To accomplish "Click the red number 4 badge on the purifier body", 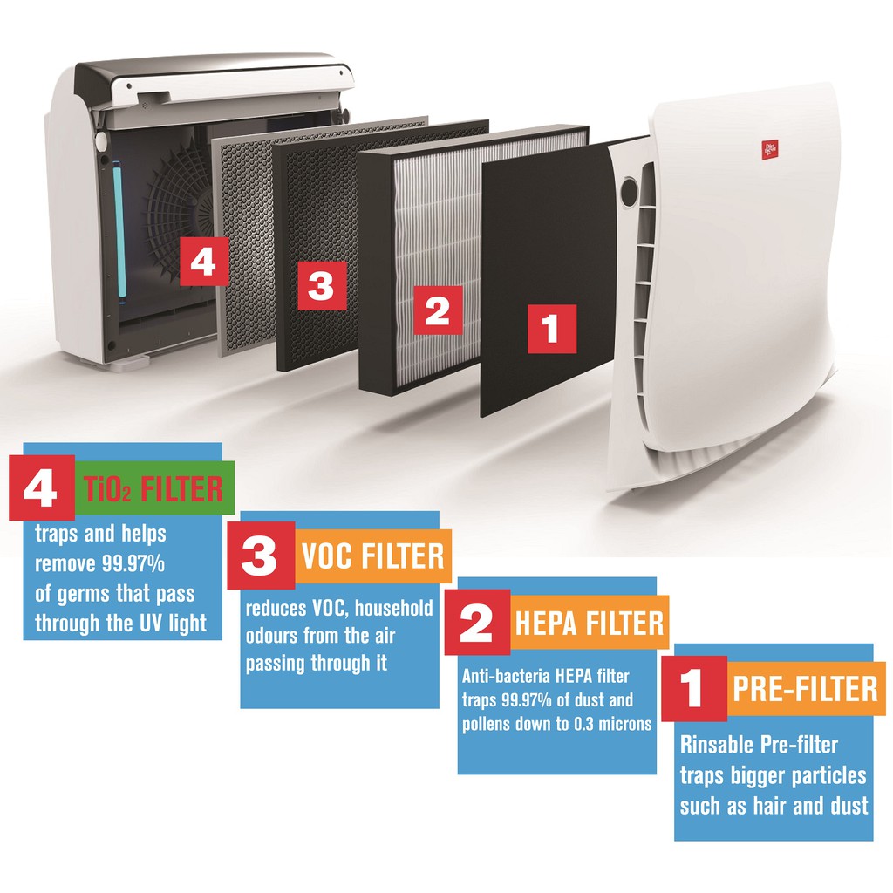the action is [x=204, y=262].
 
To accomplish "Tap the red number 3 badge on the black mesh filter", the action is [x=322, y=286].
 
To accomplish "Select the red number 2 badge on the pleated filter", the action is [x=438, y=310].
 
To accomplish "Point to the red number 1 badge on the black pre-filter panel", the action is [x=552, y=329].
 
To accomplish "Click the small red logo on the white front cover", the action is [x=769, y=149].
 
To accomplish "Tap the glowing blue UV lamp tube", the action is [x=120, y=229].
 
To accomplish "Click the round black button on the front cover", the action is [x=629, y=192].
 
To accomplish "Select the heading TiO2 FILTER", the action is [x=153, y=488].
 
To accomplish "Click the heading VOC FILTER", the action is [x=373, y=556].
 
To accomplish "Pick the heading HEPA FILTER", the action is [x=590, y=623].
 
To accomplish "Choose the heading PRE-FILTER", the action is [x=805, y=689].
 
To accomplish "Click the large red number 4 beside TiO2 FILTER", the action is [x=42, y=488].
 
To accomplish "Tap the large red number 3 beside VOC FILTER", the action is [x=260, y=556].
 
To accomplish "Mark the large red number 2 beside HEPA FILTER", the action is [x=477, y=623].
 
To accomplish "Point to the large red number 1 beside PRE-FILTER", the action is [x=693, y=689].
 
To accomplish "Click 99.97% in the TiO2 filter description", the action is [x=133, y=564].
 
